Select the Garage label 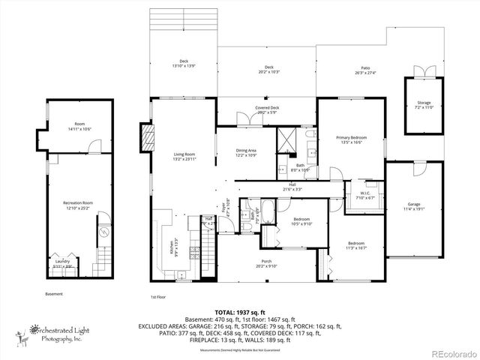(414, 205)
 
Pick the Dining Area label (246, 152)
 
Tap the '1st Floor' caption (157, 296)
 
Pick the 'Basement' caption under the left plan (54, 293)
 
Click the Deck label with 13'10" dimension (183, 64)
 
